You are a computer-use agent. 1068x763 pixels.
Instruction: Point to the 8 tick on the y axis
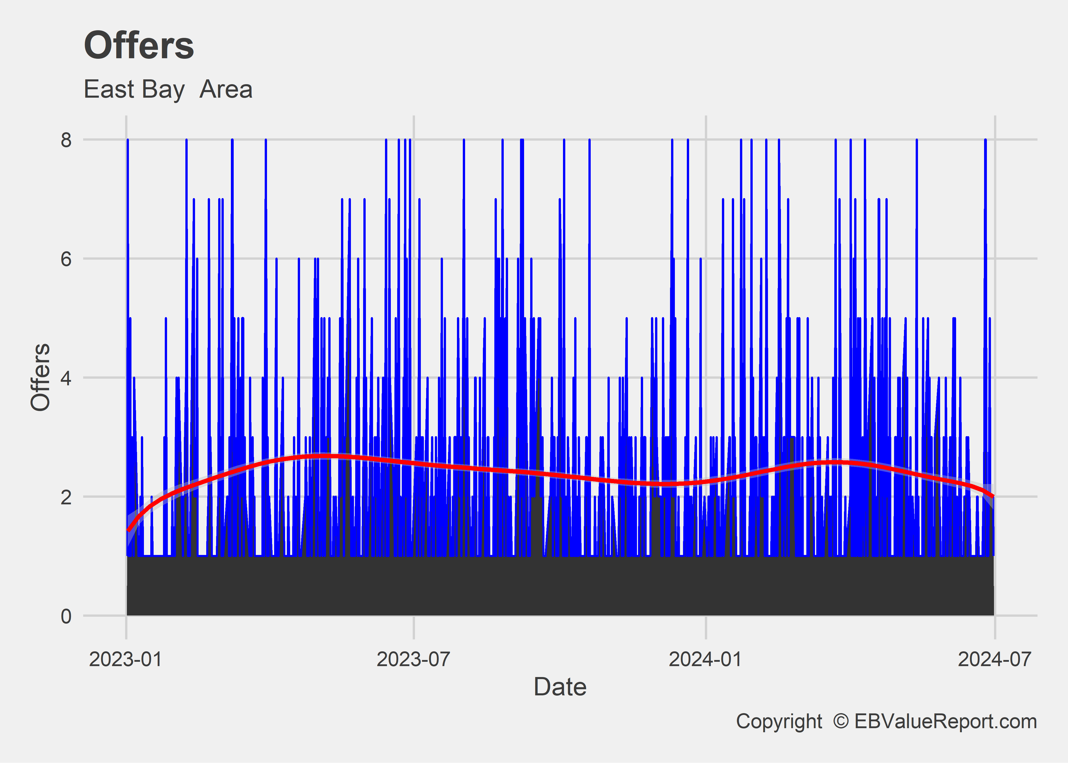click(x=66, y=140)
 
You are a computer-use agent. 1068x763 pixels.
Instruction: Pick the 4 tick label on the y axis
click(x=66, y=378)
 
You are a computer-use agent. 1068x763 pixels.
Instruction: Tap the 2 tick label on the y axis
click(x=66, y=497)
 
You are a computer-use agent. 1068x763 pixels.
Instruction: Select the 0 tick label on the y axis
click(x=66, y=616)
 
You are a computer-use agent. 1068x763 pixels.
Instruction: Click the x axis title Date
click(x=560, y=687)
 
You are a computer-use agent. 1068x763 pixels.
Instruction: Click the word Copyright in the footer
click(x=779, y=721)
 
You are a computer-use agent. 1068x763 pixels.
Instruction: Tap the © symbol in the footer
click(x=841, y=721)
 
